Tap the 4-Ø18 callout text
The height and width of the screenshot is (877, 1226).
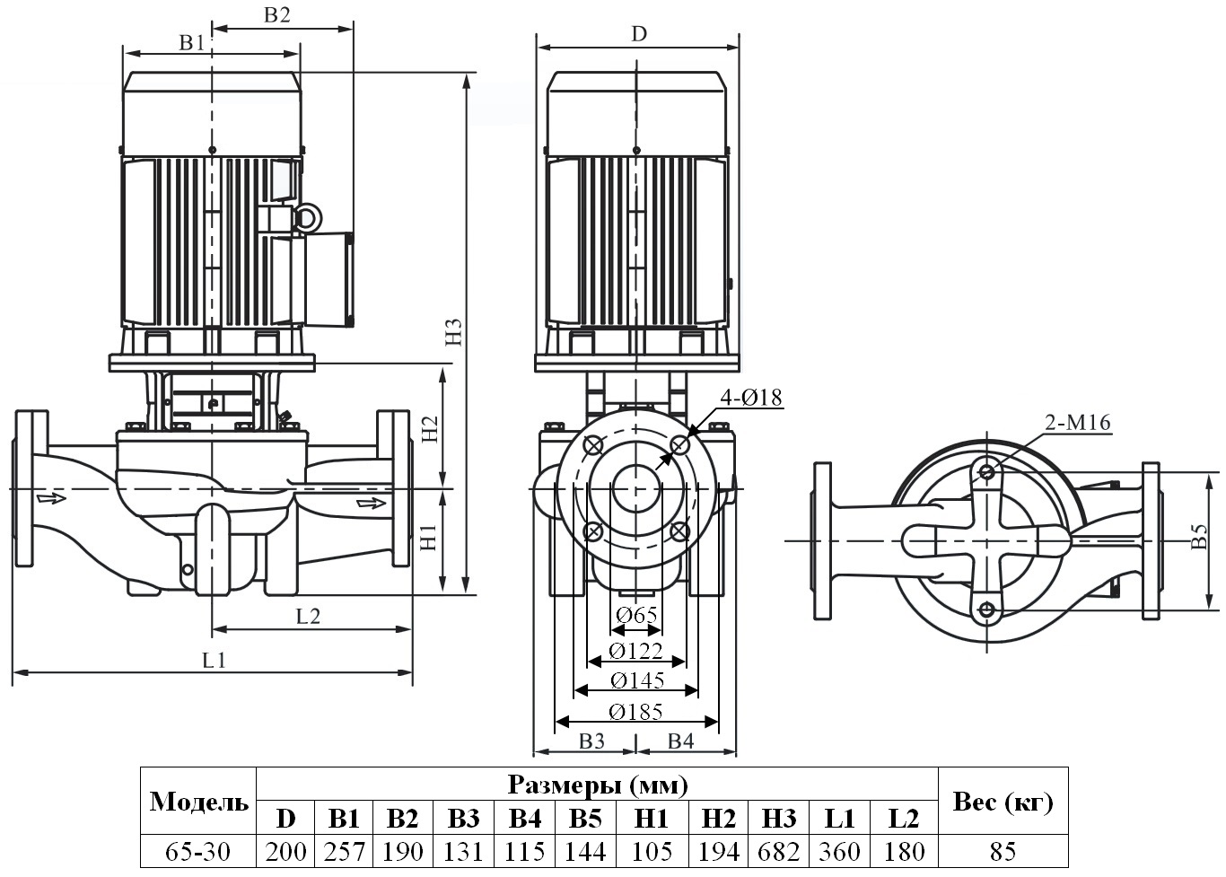pos(750,396)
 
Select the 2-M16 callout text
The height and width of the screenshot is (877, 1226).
pos(1077,422)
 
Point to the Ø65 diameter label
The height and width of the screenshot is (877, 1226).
pos(636,615)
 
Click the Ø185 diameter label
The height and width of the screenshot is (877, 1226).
pos(635,712)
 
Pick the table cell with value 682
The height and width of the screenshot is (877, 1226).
pos(778,851)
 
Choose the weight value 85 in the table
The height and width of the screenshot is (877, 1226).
pos(1003,851)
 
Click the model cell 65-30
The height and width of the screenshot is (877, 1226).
pos(198,851)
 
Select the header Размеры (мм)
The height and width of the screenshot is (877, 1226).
pos(598,785)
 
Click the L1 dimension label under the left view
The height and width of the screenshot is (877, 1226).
pos(214,660)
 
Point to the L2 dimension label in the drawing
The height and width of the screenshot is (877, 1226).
pos(308,616)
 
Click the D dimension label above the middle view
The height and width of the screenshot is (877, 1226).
pos(638,34)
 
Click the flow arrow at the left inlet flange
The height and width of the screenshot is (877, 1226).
pos(52,497)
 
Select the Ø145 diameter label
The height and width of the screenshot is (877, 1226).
pos(636,680)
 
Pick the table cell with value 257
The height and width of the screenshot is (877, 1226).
pos(344,851)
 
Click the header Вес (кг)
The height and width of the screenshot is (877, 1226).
pos(1003,802)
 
